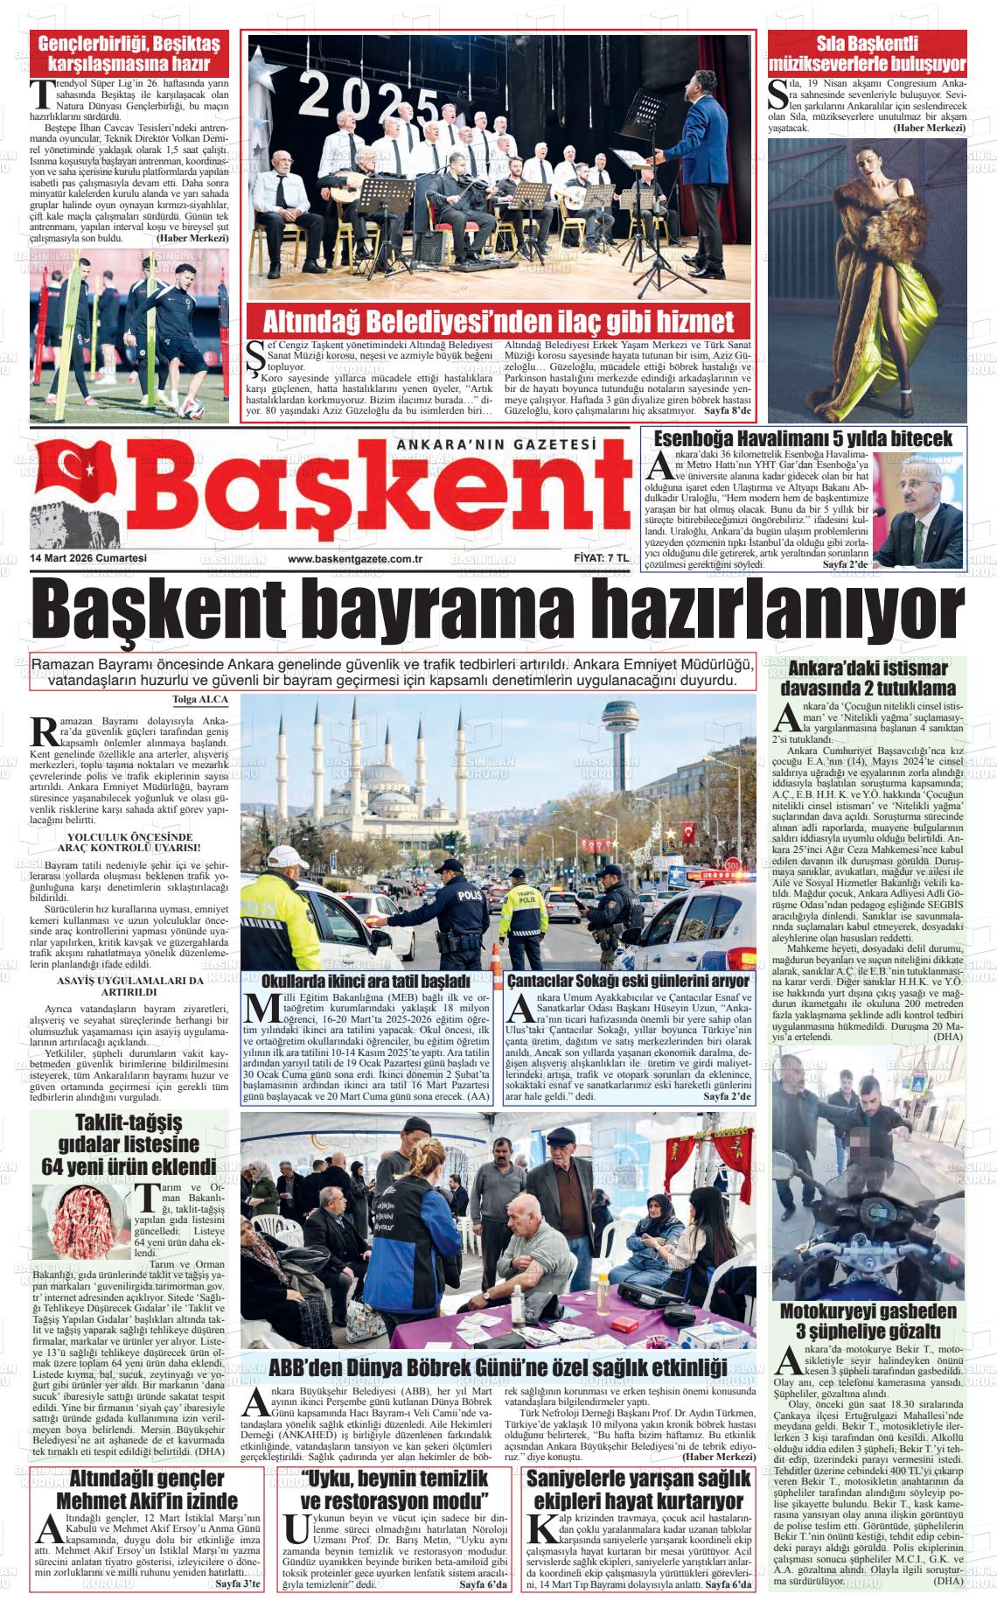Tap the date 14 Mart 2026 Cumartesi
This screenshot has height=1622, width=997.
point(87,558)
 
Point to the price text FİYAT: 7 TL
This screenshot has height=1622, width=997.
point(595,558)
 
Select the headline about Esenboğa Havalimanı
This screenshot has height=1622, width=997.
point(804,438)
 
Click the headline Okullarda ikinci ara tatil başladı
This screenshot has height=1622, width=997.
point(366,981)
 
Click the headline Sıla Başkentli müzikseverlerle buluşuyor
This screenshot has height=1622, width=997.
point(868,53)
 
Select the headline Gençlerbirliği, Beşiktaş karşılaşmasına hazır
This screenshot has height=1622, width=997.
point(129,53)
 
